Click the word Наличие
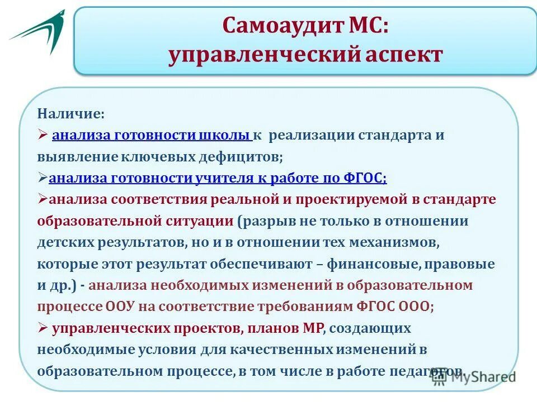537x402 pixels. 71,114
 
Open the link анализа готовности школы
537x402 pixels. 152,136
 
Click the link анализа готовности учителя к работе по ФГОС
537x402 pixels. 218,179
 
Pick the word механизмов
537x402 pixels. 392,243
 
